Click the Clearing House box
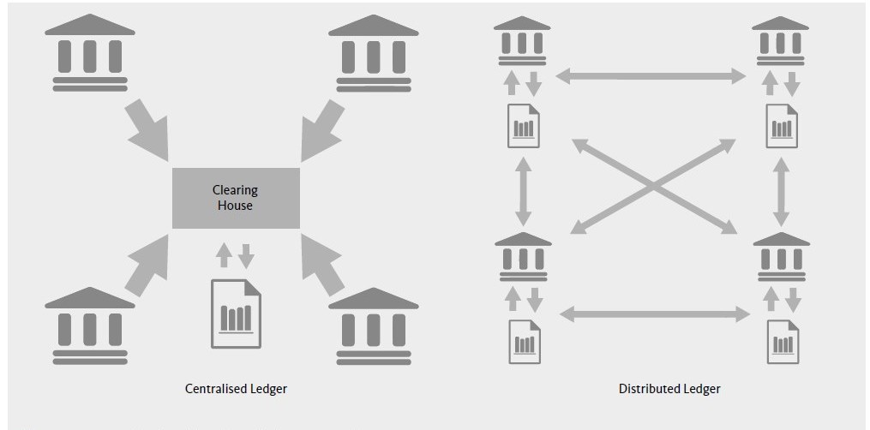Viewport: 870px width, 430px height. coord(236,198)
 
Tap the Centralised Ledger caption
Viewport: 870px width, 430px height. coord(236,389)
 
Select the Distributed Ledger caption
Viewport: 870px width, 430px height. coord(669,389)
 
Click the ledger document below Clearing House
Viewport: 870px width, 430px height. coord(237,314)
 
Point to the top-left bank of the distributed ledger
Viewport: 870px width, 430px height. coord(523,40)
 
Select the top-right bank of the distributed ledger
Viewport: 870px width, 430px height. coord(780,40)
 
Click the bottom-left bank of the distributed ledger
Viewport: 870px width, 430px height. coord(523,255)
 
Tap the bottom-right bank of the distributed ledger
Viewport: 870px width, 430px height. coord(780,255)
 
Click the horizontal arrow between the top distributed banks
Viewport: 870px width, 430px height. coord(651,77)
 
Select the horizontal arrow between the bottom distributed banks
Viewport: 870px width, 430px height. coord(654,314)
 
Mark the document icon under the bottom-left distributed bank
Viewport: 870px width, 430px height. coord(524,342)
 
